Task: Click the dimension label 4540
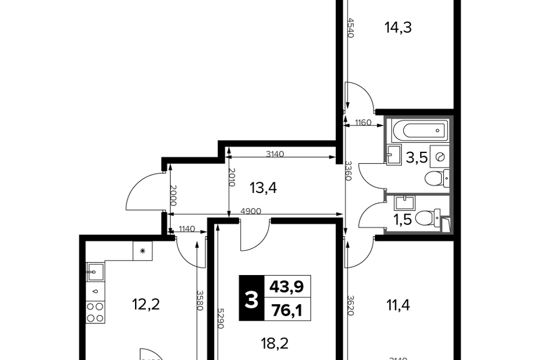[350, 28]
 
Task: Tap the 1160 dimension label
[363, 122]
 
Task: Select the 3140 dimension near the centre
[275, 154]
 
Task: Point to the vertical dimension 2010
[232, 177]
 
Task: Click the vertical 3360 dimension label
[349, 170]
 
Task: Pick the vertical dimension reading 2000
[173, 195]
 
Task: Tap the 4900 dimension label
[251, 211]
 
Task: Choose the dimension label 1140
[187, 228]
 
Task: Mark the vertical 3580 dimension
[200, 300]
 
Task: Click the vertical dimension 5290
[220, 318]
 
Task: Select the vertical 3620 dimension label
[350, 305]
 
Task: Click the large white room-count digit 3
[251, 300]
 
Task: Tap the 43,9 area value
[287, 286]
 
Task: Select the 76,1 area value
[287, 310]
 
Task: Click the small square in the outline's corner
[445, 224]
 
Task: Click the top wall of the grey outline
[418, 117]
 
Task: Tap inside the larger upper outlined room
[418, 155]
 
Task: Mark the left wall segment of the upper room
[385, 139]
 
